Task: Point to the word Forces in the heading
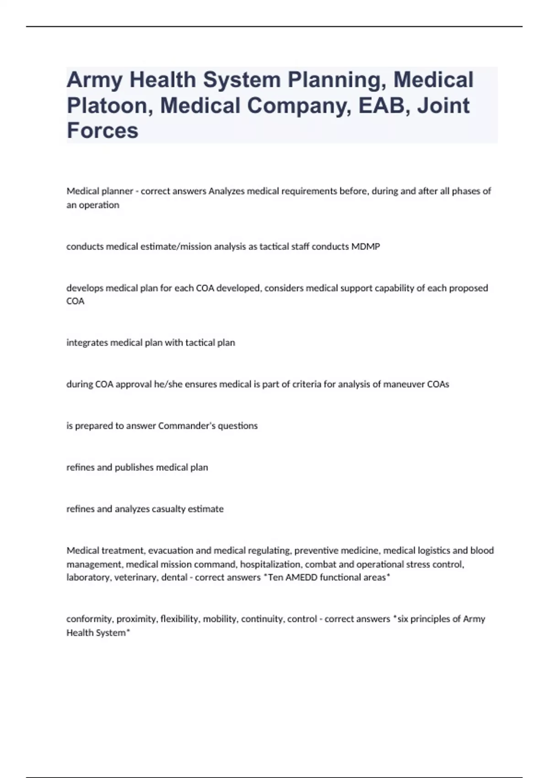pos(102,130)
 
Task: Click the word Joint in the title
pos(443,105)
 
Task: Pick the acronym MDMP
pos(366,247)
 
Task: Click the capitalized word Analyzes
pos(227,191)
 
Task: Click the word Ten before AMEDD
pos(275,578)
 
